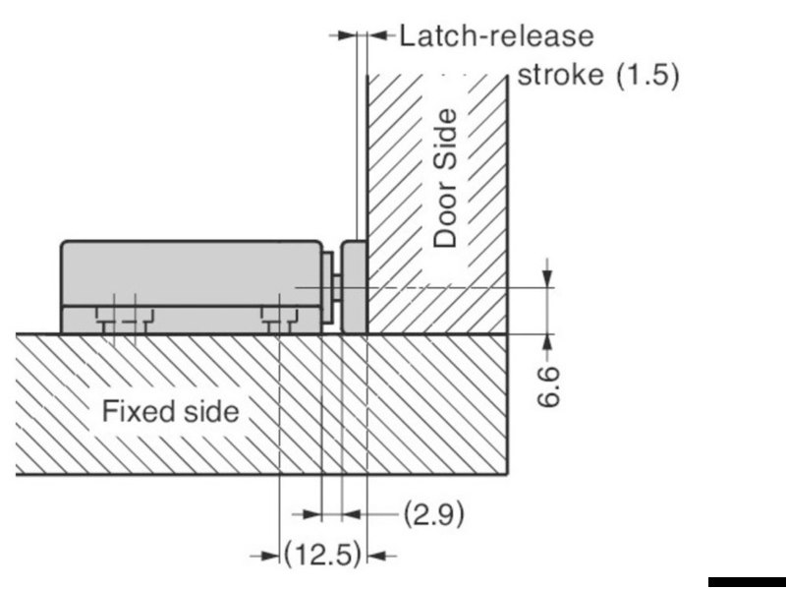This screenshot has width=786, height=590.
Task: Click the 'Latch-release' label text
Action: tap(496, 36)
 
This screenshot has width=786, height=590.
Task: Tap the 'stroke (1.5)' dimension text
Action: tap(598, 76)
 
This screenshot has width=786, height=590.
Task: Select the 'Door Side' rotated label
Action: tap(445, 179)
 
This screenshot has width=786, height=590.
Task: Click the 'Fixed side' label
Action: tap(170, 412)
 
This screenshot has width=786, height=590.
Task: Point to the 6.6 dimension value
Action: tap(548, 386)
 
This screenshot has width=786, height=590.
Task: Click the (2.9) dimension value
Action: tap(434, 513)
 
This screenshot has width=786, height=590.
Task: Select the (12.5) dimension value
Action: tap(322, 555)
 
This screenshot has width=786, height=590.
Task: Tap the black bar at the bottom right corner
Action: tap(747, 582)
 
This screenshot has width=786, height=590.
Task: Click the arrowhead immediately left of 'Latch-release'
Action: tap(377, 35)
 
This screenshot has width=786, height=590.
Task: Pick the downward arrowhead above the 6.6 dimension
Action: tap(547, 278)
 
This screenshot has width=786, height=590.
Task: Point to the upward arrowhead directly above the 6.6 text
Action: tap(547, 343)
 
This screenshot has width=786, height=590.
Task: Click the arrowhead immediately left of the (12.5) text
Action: tap(269, 556)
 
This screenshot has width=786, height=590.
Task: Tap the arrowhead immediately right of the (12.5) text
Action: tap(377, 556)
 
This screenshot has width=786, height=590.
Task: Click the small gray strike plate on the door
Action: tap(354, 287)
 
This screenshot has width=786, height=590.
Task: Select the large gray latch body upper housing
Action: tap(192, 273)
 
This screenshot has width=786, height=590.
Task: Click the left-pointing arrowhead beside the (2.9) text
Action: tap(352, 514)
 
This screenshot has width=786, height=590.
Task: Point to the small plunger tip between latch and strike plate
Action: tap(337, 287)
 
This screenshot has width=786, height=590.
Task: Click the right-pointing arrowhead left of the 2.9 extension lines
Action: tap(311, 514)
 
